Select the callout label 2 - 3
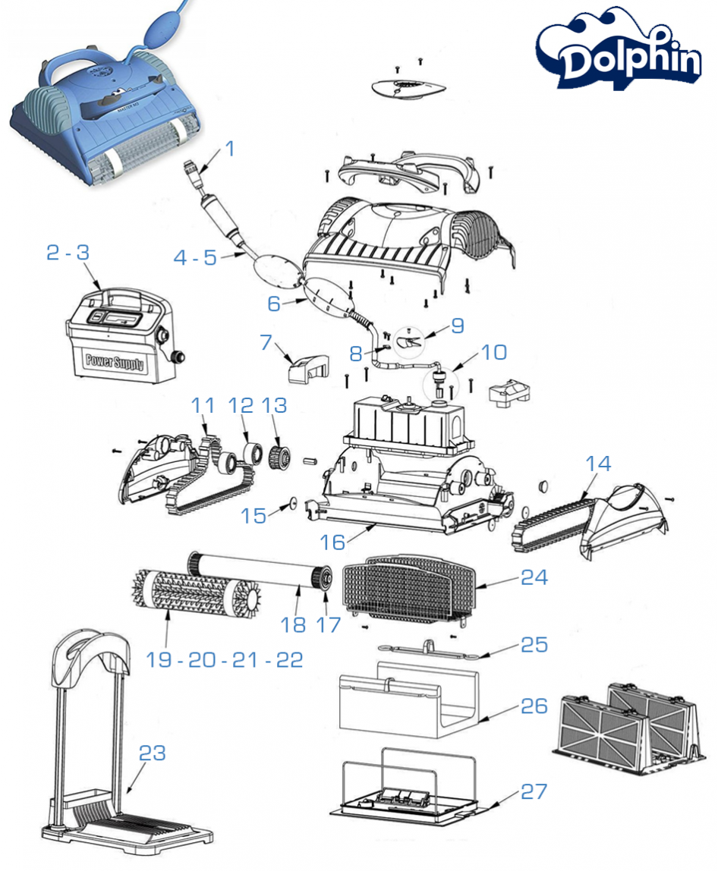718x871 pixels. [68, 253]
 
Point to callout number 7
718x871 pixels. [266, 341]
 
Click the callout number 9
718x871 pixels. [457, 325]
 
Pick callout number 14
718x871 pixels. [598, 463]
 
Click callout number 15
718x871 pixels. [254, 516]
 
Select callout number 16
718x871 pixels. [332, 541]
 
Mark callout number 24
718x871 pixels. [534, 577]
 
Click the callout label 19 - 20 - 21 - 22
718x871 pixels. [225, 659]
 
